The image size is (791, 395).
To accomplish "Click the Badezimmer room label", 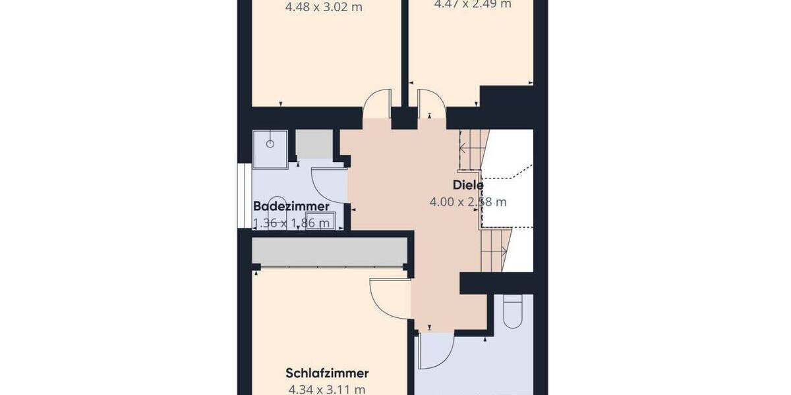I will coord(291,207).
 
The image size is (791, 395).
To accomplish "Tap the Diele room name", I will coord(468,185).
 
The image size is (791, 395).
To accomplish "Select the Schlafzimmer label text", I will coord(327,373).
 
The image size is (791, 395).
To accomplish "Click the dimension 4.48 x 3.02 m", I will coord(324,9).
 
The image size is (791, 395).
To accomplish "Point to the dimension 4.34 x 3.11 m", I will coord(326,390).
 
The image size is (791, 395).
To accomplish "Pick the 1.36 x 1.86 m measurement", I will coord(291,223).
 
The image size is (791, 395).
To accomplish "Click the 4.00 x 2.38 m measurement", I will coord(468,202).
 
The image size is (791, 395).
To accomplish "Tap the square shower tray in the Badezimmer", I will coord(270,147).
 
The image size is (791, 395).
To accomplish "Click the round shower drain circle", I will coord(270,142).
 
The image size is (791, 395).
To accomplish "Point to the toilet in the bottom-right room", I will coord(512,311).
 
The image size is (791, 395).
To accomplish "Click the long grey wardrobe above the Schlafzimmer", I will coord(328,252).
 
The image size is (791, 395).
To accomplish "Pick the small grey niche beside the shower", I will coord(314,144).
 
